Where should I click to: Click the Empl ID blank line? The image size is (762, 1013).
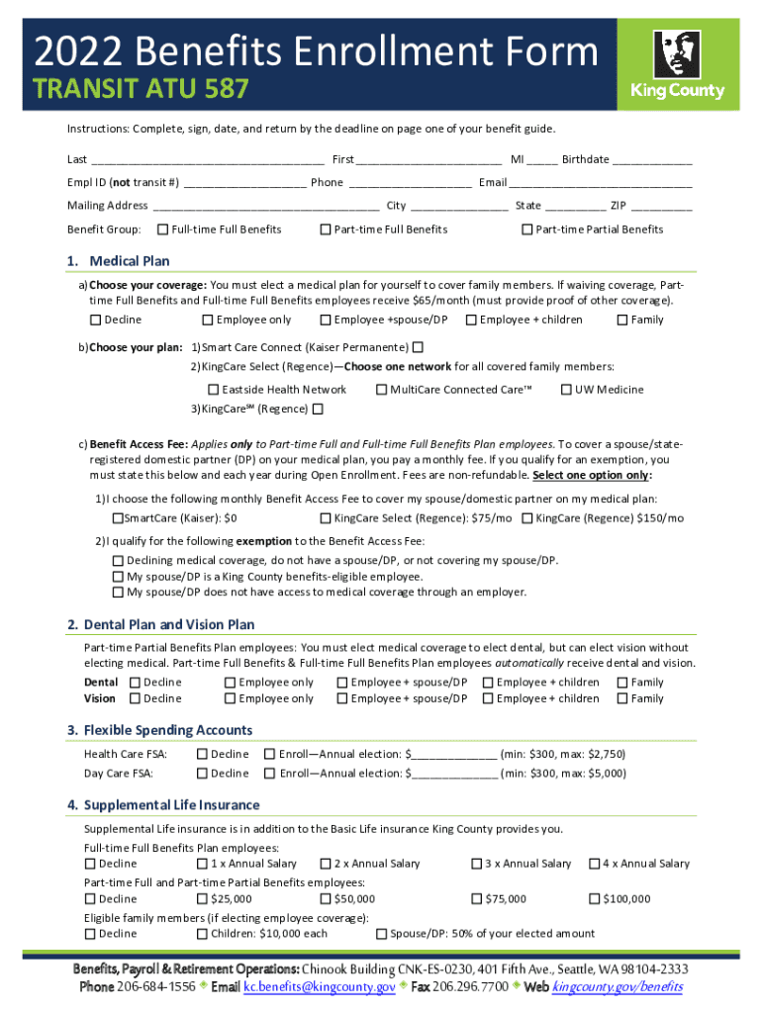244,183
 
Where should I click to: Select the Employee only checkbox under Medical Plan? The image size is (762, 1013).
208,320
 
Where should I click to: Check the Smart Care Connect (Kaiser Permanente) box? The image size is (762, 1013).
418,347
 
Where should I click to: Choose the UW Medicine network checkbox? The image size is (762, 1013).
566,390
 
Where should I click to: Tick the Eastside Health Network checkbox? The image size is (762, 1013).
214,390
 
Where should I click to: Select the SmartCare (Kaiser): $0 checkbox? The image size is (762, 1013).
118,518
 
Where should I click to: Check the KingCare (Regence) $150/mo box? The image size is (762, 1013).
527,518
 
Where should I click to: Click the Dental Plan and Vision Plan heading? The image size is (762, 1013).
160,625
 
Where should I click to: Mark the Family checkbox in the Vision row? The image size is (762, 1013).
622,698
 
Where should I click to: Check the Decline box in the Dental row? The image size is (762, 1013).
135,683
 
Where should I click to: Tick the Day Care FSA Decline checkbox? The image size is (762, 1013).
203,774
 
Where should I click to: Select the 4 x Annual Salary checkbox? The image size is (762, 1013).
595,864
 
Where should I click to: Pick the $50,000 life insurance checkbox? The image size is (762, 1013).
326,899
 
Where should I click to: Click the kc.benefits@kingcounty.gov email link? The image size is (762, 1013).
320,988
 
